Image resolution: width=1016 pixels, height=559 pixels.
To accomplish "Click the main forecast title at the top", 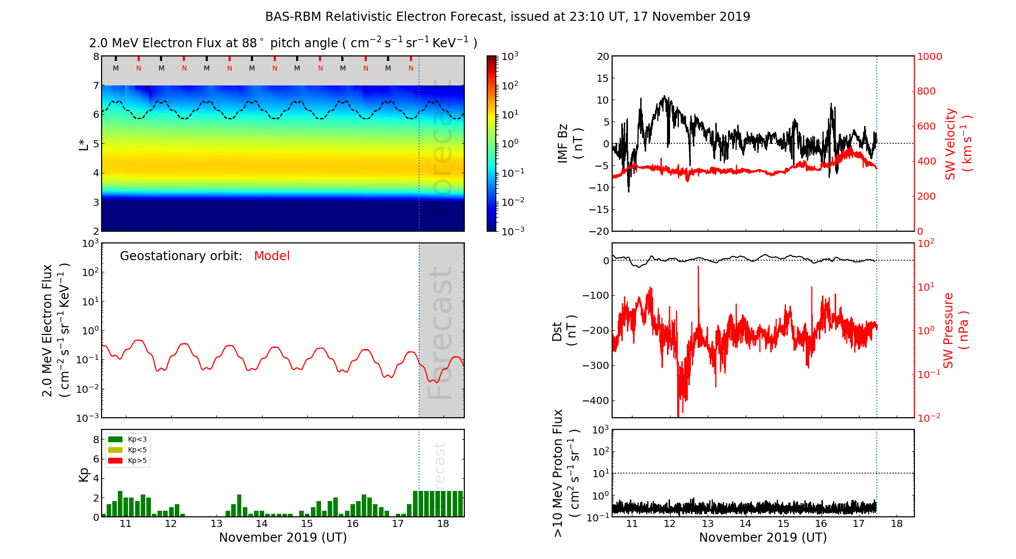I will coord(507,17).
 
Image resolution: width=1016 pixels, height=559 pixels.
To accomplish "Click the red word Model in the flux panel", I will coord(272,256).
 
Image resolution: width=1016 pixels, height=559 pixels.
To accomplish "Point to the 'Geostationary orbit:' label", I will coord(181,256).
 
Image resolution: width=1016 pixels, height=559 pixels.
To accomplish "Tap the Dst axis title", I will coord(564,331).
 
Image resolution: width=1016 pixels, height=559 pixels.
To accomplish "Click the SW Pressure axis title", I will coord(955,331).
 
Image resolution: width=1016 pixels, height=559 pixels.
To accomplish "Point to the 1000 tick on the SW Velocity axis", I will coord(929,56).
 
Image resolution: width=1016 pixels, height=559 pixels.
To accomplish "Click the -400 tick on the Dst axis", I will coord(595,400).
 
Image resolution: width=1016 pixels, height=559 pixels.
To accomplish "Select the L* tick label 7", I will coord(96,85).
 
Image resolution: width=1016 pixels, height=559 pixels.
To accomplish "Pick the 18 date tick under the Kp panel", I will coord(443,524).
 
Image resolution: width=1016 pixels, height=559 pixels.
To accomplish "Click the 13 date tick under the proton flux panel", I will coord(708,524).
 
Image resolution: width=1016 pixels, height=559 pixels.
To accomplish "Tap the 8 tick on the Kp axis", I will coord(96,440).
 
